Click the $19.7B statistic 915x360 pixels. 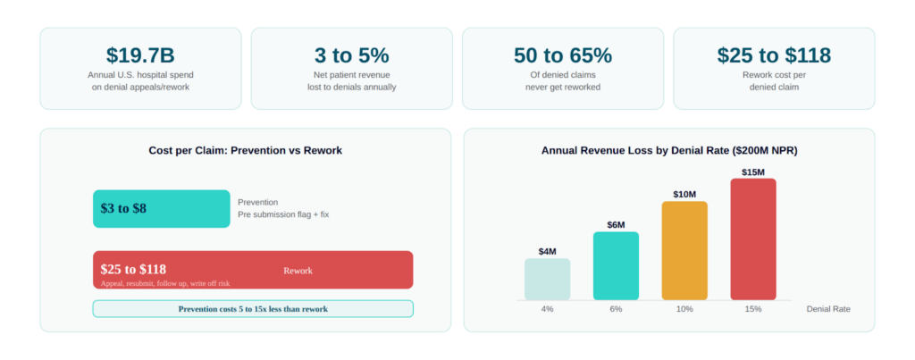pos(140,55)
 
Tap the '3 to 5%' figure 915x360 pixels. pos(350,55)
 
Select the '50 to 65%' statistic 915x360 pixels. pos(562,55)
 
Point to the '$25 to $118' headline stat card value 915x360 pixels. pos(774,55)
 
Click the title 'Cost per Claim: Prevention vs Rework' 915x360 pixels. pos(245,151)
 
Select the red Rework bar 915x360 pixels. pos(253,270)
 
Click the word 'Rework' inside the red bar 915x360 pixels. pos(298,271)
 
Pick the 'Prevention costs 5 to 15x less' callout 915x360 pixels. pos(253,309)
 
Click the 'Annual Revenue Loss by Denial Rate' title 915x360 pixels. pos(669,151)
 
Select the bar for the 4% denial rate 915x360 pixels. pos(547,280)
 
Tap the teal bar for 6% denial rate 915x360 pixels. pos(616,266)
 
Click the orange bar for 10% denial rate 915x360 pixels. pos(684,251)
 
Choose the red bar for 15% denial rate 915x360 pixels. pos(753,239)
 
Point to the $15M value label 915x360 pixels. pos(753,172)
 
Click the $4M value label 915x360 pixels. pos(547,252)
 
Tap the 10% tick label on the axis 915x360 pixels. pos(684,309)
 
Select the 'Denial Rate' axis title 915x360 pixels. pos(828,309)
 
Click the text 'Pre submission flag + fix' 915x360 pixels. pos(283,214)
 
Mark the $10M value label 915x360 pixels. pos(684,195)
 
